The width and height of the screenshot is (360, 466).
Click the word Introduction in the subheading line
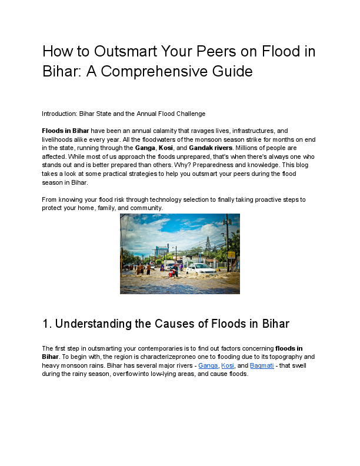(60, 114)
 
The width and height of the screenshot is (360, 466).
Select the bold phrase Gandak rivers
(211, 148)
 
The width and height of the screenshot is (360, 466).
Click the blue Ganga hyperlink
(208, 365)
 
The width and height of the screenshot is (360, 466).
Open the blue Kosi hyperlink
(227, 365)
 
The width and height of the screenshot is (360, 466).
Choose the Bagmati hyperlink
(261, 365)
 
